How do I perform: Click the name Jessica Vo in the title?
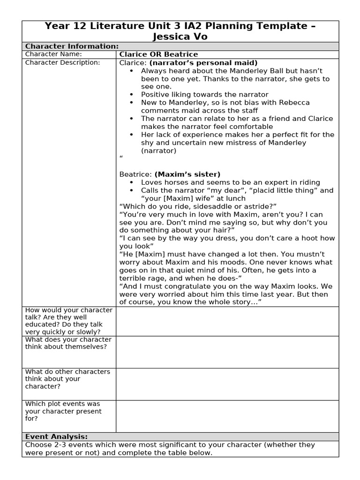[180, 37]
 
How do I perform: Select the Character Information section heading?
[71, 46]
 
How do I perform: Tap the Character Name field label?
[53, 54]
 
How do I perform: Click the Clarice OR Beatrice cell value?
[158, 54]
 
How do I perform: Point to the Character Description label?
[62, 62]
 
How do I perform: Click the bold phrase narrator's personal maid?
[203, 62]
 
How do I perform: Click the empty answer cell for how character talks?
[227, 321]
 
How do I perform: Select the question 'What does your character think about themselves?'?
[68, 343]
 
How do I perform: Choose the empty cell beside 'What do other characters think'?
[227, 384]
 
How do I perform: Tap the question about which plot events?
[63, 411]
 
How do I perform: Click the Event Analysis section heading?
[56, 436]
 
